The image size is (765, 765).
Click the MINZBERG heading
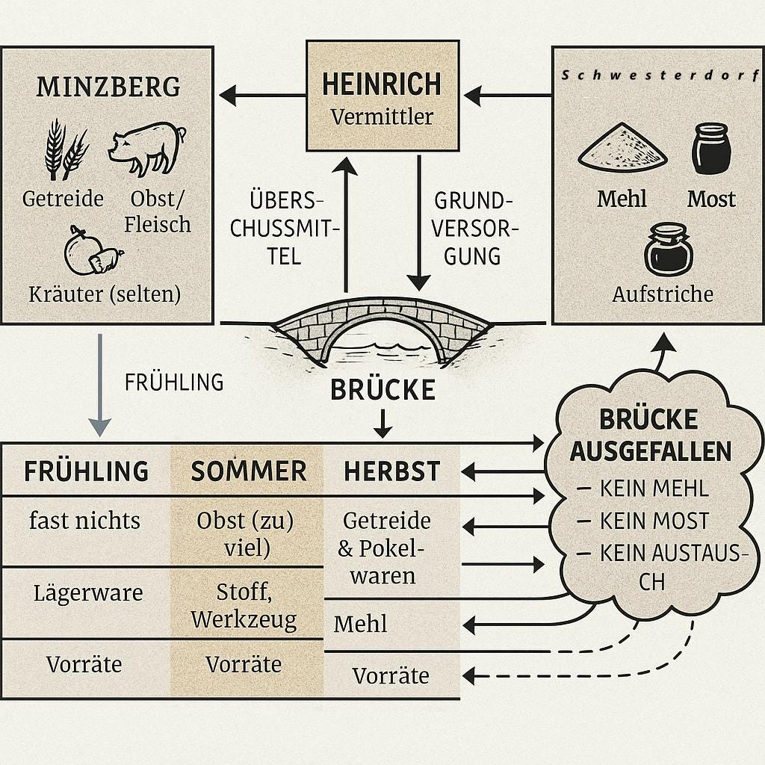click(108, 87)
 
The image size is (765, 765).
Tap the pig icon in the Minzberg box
click(147, 146)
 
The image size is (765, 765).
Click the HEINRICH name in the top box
click(382, 84)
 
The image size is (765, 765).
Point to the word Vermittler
click(382, 117)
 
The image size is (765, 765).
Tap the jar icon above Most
click(710, 149)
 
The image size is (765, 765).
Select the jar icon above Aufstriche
click(669, 250)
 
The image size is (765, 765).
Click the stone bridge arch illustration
click(382, 335)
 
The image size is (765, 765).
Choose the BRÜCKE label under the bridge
click(382, 390)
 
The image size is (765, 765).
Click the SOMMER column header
click(248, 471)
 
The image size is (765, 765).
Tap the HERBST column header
click(391, 471)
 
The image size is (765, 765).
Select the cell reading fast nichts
click(84, 521)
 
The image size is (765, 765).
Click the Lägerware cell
click(87, 593)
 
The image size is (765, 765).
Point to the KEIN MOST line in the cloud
click(654, 521)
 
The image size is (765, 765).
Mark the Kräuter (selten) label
click(105, 294)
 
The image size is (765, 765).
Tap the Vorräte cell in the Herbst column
click(391, 676)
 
